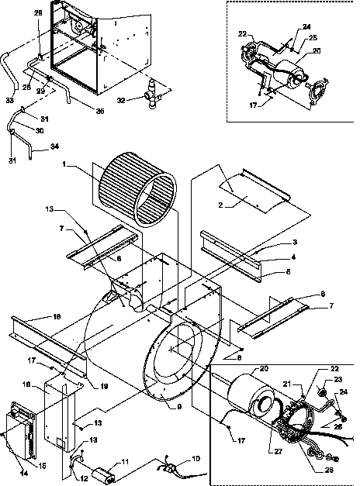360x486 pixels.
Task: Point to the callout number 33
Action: pos(9,99)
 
